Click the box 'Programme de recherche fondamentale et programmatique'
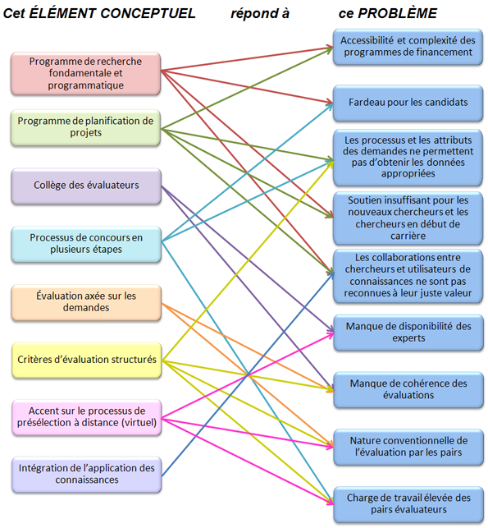tap(86, 73)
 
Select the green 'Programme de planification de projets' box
tap(86, 127)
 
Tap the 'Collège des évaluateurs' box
tap(86, 186)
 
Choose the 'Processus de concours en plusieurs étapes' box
tap(86, 244)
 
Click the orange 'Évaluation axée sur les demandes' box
tap(86, 302)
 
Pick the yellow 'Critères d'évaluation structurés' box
tap(87, 360)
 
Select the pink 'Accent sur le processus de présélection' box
tap(87, 417)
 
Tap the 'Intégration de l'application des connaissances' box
tap(87, 474)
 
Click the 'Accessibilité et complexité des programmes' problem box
tap(408, 47)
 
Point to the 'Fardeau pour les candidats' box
tap(408, 103)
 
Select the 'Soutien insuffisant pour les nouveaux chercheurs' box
tap(408, 218)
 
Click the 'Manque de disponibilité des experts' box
tap(408, 333)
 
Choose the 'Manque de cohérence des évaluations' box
tap(408, 389)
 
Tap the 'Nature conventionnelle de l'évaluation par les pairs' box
tap(408, 447)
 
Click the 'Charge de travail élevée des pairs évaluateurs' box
tap(408, 504)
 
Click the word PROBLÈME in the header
tap(397, 13)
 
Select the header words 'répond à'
tap(260, 14)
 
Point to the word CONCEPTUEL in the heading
tap(148, 13)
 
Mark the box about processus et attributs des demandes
tap(408, 158)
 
